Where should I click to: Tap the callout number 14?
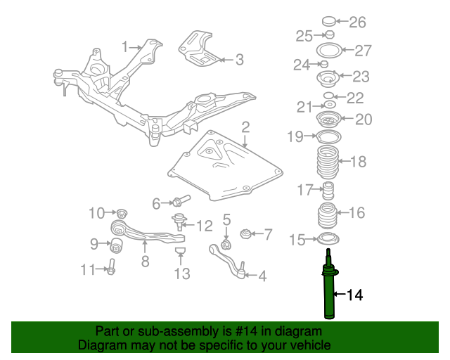pyautogui.click(x=355, y=295)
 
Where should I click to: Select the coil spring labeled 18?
pyautogui.click(x=328, y=162)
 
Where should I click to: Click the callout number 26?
pyautogui.click(x=357, y=22)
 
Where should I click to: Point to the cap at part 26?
pyautogui.click(x=328, y=21)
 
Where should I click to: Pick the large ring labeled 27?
pyautogui.click(x=329, y=50)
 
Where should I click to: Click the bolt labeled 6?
pyautogui.click(x=181, y=200)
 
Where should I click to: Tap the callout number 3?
pyautogui.click(x=240, y=60)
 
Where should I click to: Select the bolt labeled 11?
pyautogui.click(x=111, y=267)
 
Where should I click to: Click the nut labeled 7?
pyautogui.click(x=245, y=234)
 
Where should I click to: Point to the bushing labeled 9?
pyautogui.click(x=117, y=245)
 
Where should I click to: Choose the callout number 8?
pyautogui.click(x=146, y=262)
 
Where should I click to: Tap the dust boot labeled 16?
pyautogui.click(x=327, y=216)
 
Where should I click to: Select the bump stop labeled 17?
pyautogui.click(x=328, y=191)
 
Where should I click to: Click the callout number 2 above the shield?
pyautogui.click(x=245, y=127)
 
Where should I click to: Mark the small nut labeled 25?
pyautogui.click(x=330, y=34)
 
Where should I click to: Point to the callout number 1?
pyautogui.click(x=125, y=46)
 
